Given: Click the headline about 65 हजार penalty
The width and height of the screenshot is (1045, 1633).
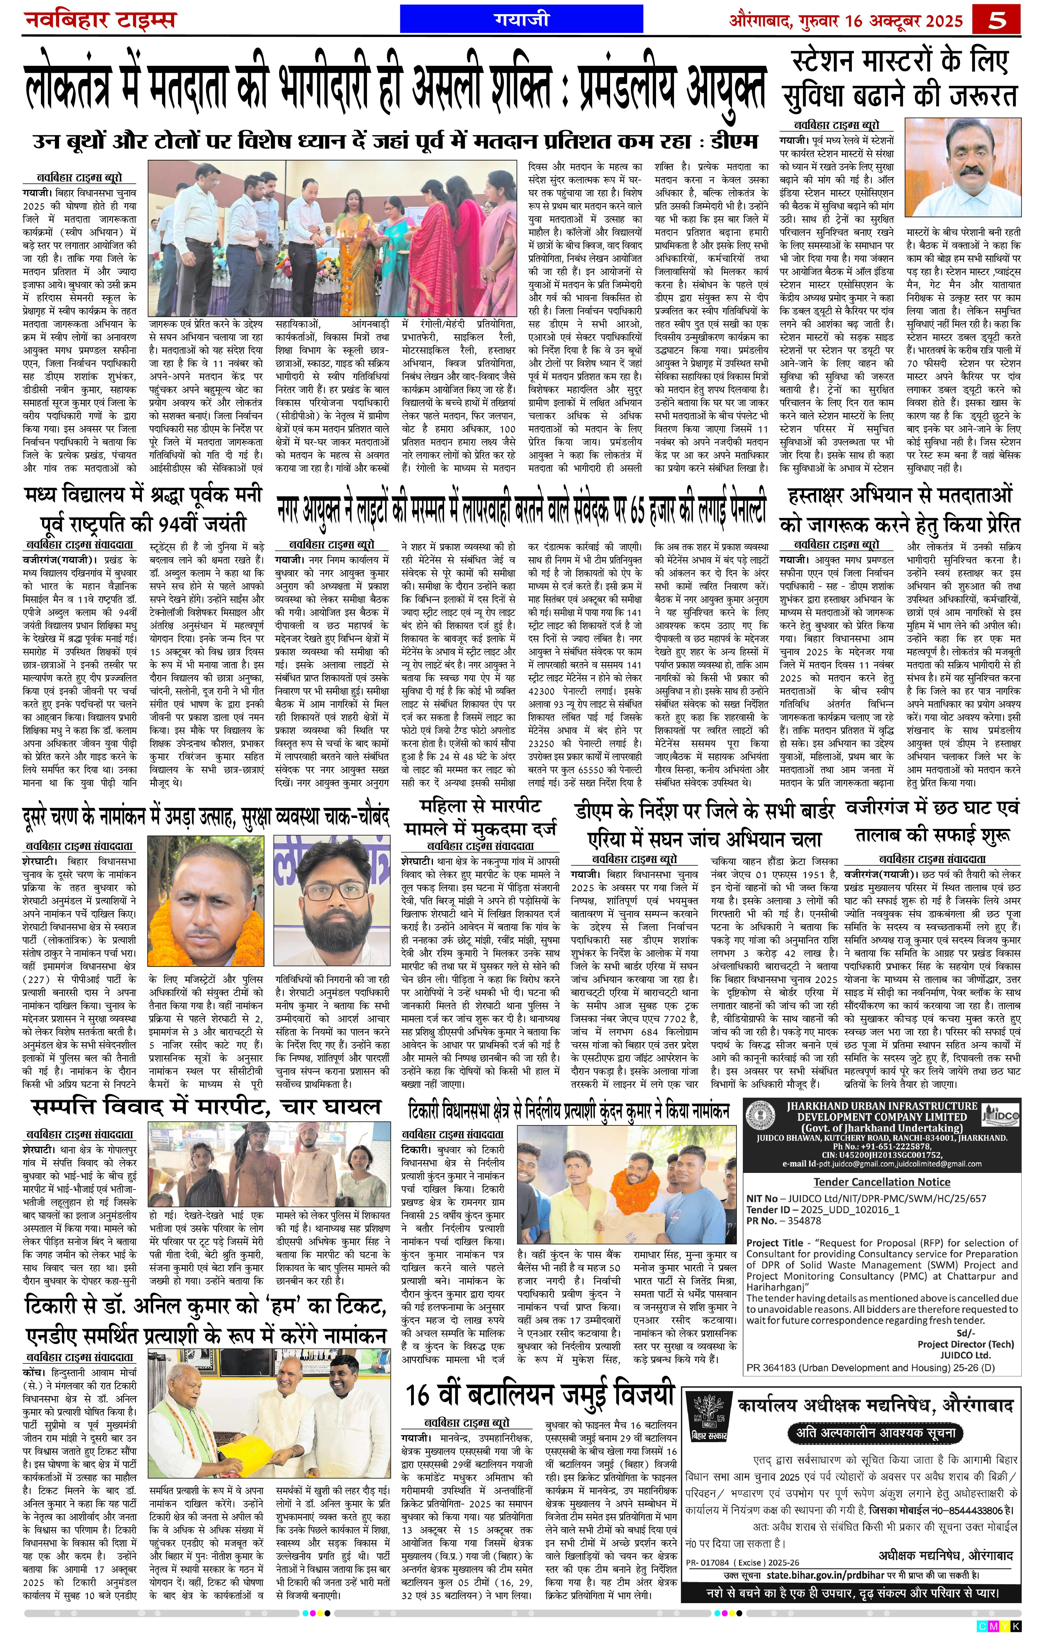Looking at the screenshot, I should tap(521, 506).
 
